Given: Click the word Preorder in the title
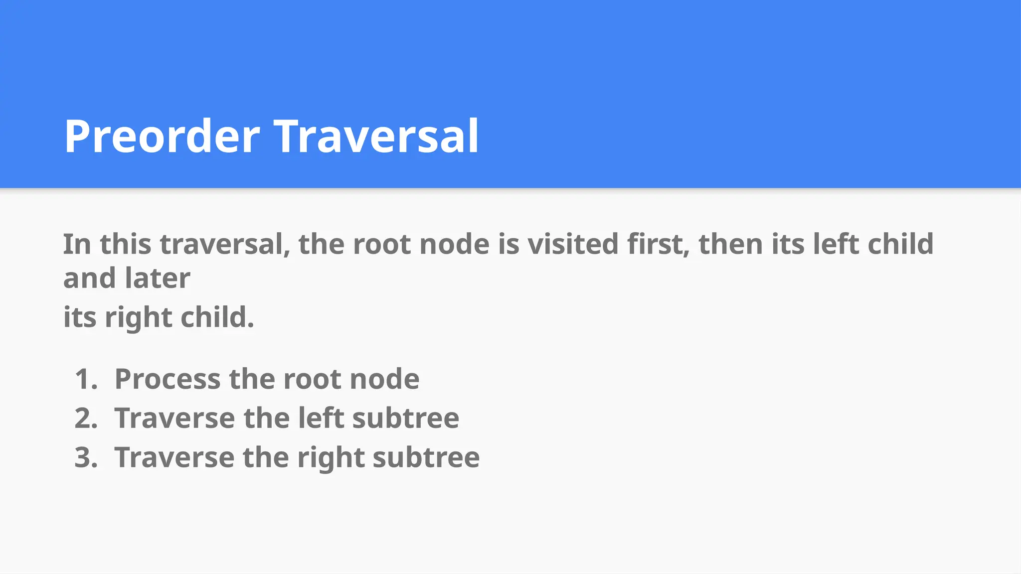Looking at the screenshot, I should point(163,137).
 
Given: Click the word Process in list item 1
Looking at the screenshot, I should point(168,379).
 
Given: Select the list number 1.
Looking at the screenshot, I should point(86,379).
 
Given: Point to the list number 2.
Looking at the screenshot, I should point(86,418).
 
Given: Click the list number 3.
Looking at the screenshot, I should point(86,457).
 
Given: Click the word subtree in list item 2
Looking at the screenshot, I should point(406,418).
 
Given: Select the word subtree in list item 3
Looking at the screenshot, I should point(426,457).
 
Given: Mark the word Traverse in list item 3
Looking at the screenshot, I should point(174,457).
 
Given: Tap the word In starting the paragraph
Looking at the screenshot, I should point(77,244).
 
